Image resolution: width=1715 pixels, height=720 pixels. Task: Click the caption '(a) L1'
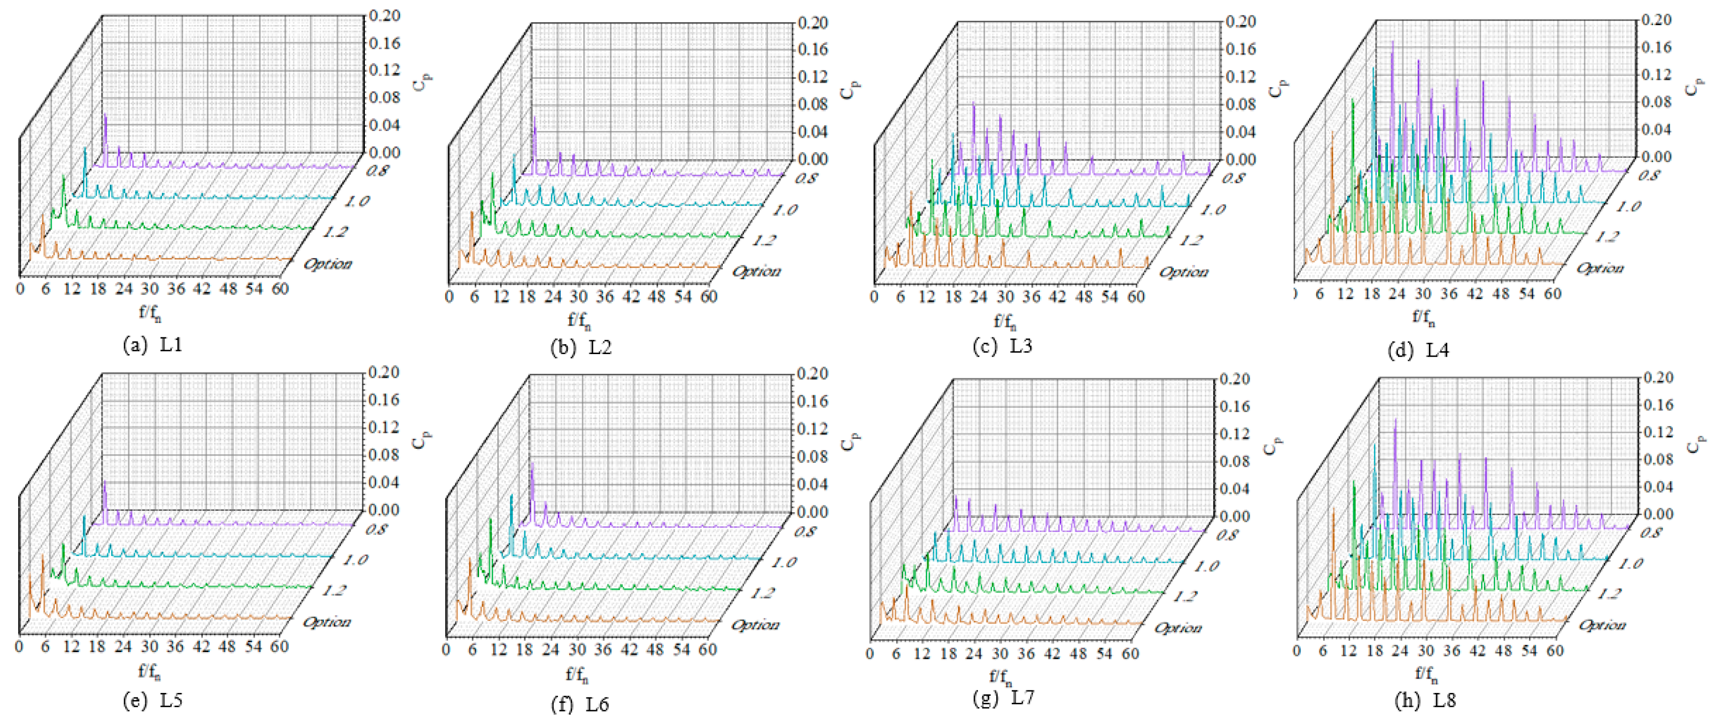pyautogui.click(x=153, y=345)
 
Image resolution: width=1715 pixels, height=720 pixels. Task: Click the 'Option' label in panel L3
pyautogui.click(x=1183, y=272)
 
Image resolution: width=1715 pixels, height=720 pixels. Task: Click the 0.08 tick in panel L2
pyautogui.click(x=813, y=104)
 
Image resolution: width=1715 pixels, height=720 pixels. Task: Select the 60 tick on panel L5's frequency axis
pyautogui.click(x=280, y=646)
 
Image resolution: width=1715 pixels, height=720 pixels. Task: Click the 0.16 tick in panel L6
pyautogui.click(x=813, y=401)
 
